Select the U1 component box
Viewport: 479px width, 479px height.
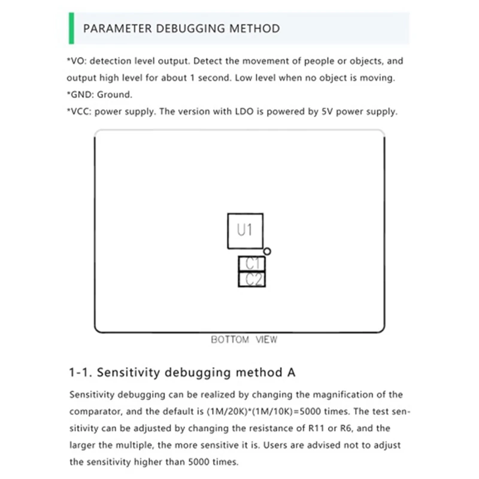point(245,231)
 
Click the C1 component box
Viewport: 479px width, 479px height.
point(252,263)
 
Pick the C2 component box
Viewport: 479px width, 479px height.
point(252,280)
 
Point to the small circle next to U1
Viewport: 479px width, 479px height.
point(267,251)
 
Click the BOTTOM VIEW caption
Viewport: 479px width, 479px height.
point(244,339)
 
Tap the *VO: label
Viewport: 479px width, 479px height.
point(77,61)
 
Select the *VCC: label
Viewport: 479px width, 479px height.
point(80,111)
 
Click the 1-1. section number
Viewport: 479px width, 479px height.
point(80,372)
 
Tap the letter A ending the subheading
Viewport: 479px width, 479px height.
point(291,372)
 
